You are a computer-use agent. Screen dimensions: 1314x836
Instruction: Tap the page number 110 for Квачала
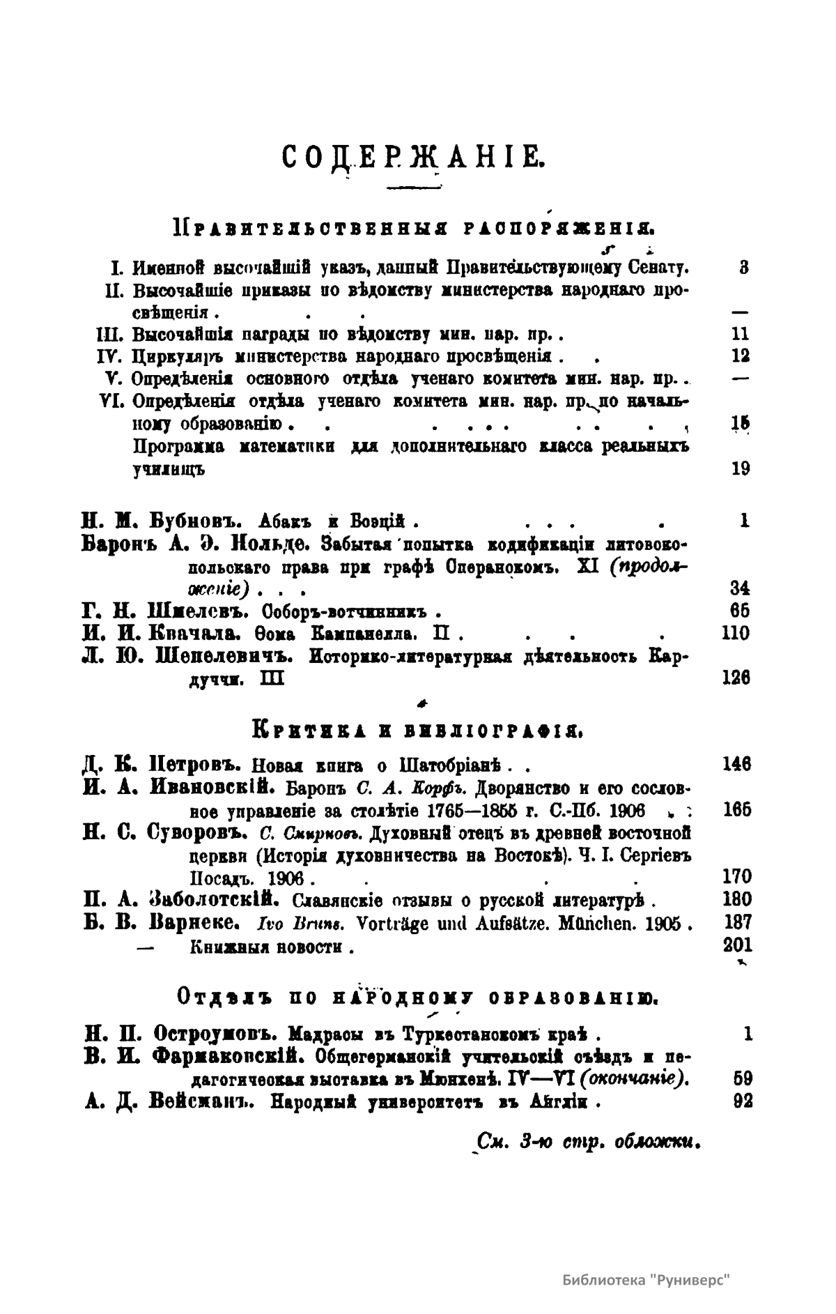tap(736, 634)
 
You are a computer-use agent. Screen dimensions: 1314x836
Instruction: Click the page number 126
tap(736, 678)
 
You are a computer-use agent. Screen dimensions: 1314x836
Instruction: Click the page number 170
tap(737, 876)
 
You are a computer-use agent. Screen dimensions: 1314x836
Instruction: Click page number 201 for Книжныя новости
tap(737, 946)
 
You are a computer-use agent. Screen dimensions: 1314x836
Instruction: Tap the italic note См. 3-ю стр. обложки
tap(587, 1144)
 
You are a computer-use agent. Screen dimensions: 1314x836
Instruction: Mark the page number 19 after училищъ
tap(741, 468)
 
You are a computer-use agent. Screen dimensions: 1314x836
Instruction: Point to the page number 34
tap(741, 588)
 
